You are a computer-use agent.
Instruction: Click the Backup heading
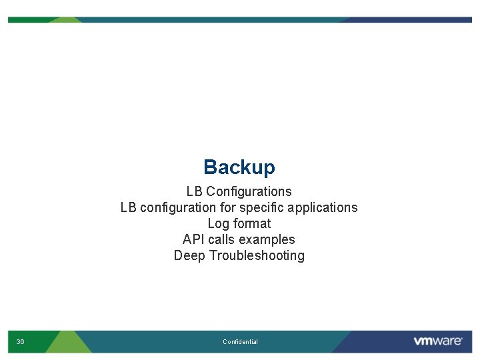pos(239,167)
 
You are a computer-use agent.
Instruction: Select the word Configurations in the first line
pos(249,192)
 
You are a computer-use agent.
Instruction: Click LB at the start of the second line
pos(129,208)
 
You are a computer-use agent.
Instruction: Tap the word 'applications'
pos(325,208)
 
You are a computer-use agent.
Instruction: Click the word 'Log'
pos(219,224)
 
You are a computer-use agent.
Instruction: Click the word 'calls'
pos(222,240)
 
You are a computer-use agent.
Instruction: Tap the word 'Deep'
pos(189,256)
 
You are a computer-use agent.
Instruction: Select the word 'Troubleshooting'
pos(257,256)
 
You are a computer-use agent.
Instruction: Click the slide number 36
pos(20,342)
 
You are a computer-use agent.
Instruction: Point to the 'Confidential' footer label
pos(240,342)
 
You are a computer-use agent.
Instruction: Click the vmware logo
pos(437,341)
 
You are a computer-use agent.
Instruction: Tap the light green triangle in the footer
pos(70,342)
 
